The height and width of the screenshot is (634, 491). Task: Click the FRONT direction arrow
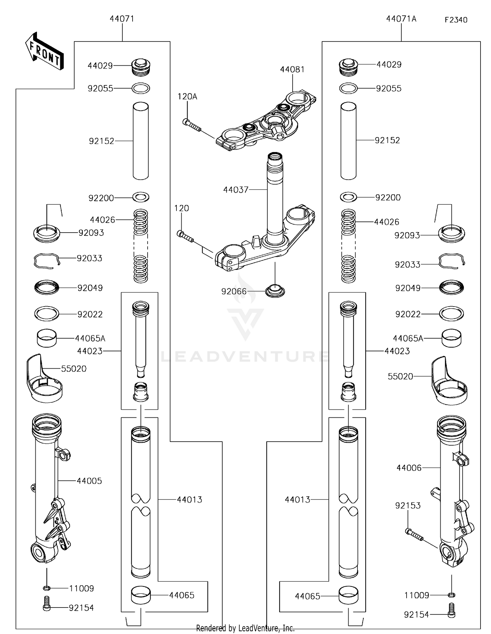pos(44,51)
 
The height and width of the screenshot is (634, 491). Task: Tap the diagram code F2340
pos(456,20)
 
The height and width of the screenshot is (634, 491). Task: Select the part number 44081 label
pos(292,69)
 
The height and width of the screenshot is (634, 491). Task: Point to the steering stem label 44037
pos(236,190)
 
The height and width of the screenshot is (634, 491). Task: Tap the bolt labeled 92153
pos(414,534)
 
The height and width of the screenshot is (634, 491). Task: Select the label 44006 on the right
pos(409,468)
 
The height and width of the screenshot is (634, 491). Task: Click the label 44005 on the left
pos(89,481)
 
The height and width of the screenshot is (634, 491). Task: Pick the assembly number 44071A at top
pos(401,19)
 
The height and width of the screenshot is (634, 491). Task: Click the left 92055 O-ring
pos(141,88)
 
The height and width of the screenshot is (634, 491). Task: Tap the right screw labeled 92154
pos(451,614)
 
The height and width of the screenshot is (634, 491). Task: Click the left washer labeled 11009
pos(46,589)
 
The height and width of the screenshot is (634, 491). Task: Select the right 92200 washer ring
pos(348,197)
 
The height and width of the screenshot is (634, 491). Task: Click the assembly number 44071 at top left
pos(122,19)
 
